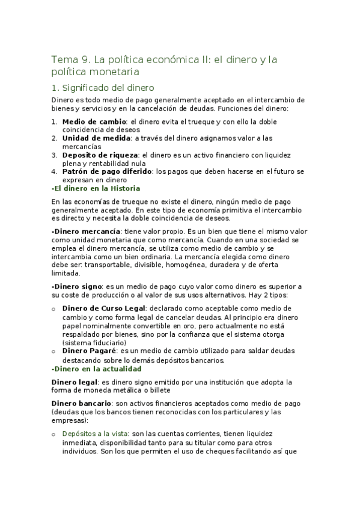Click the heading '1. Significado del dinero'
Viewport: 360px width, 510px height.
pos(103,87)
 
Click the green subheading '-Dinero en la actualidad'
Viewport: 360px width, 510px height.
pos(96,368)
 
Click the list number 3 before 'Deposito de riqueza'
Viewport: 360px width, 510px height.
pos(54,155)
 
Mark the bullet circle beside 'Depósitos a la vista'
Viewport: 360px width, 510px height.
pos(54,434)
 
